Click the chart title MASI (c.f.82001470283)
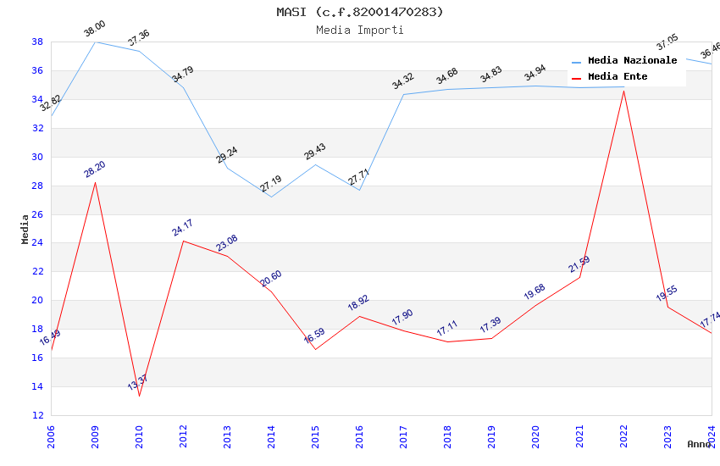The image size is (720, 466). [359, 12]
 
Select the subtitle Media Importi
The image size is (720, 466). [359, 30]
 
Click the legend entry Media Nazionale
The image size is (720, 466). [632, 61]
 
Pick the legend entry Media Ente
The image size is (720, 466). [618, 76]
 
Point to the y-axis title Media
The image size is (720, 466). [25, 229]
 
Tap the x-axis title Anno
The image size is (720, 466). [699, 444]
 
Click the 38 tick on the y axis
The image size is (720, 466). [37, 42]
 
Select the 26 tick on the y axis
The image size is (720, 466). [37, 214]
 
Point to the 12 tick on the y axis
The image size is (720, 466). [37, 415]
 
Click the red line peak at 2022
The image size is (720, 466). [623, 90]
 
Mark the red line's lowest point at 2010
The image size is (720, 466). [139, 396]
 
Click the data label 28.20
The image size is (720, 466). [95, 169]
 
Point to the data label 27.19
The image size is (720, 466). [271, 184]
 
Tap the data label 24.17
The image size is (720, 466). [183, 227]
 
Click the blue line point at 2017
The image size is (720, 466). [403, 94]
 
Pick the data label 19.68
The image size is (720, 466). [534, 291]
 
